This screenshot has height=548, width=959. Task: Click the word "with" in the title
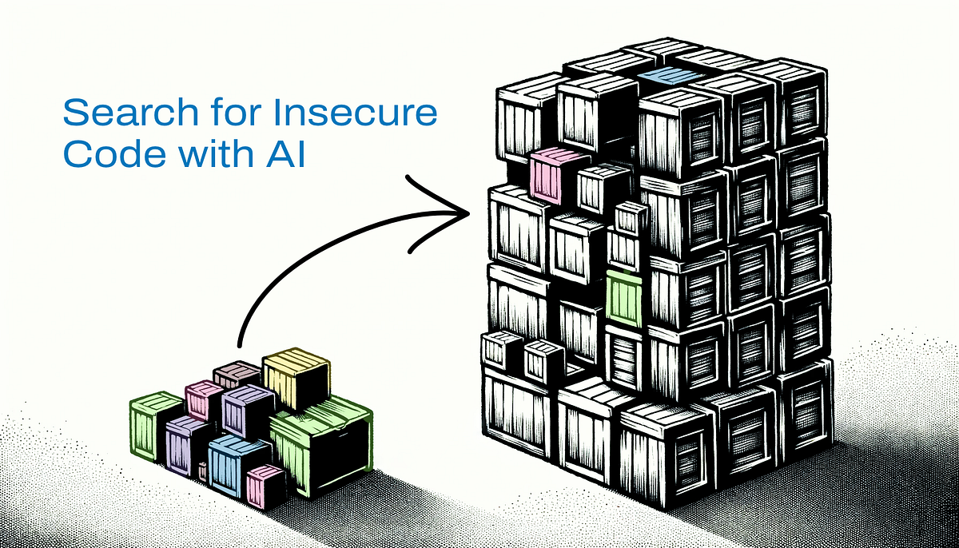[x=201, y=154]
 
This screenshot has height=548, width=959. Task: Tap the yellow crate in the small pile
[x=295, y=379]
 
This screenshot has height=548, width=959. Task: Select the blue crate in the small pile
[x=237, y=467]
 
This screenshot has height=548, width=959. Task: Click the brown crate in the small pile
[x=237, y=374]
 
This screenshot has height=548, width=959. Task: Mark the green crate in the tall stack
[x=623, y=297]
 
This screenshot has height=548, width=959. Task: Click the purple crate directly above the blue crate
[x=247, y=411]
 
